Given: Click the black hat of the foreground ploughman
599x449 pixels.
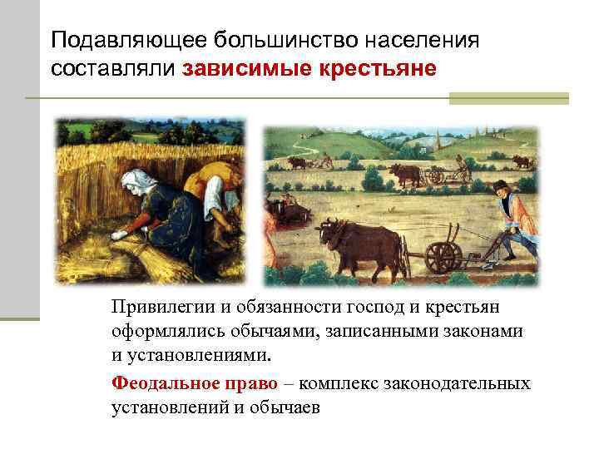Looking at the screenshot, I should (500, 184).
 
